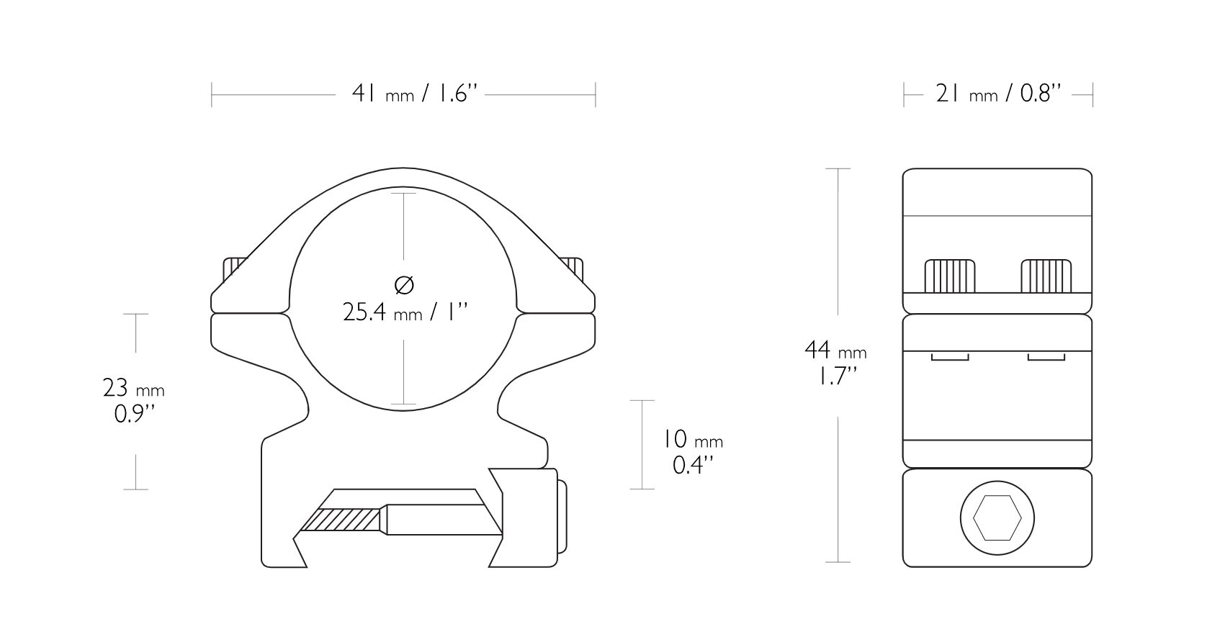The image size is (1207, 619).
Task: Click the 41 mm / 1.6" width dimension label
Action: point(414,94)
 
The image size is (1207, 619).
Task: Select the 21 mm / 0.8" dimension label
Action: point(998,94)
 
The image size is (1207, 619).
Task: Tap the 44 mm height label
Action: point(835,351)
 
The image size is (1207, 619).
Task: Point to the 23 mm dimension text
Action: point(134,389)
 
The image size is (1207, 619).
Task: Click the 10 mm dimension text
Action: point(692,440)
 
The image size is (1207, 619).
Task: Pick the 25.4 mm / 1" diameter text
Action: point(405,312)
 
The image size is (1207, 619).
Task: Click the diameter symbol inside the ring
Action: point(405,285)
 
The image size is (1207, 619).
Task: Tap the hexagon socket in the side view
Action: point(997,518)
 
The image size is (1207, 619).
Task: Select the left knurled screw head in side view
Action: point(950,276)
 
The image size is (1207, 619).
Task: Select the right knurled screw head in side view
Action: point(1046,276)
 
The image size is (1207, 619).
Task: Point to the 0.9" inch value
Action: point(135,415)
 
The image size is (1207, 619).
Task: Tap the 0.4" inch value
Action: point(693,465)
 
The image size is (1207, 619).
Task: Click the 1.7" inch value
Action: point(836,376)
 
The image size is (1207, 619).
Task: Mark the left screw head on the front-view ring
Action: point(233,269)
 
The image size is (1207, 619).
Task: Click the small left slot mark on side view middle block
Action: point(950,357)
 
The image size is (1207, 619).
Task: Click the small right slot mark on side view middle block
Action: point(1046,357)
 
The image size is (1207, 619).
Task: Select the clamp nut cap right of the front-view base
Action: point(562,516)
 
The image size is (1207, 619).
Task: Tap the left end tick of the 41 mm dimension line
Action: point(212,94)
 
